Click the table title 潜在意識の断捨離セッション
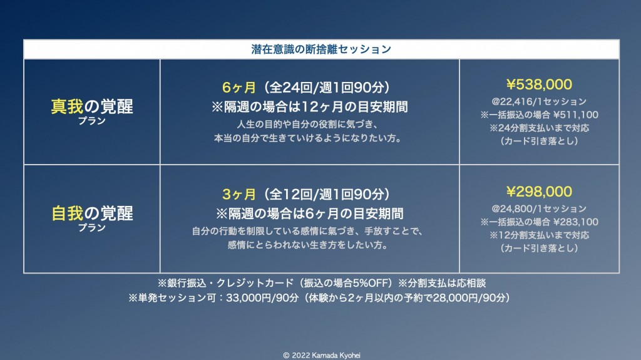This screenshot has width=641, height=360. pyautogui.click(x=321, y=49)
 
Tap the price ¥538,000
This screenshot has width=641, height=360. pyautogui.click(x=539, y=85)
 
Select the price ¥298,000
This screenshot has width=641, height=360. pyautogui.click(x=539, y=192)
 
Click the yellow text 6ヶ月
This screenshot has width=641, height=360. pyautogui.click(x=238, y=88)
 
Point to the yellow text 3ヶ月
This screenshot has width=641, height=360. pyautogui.click(x=238, y=194)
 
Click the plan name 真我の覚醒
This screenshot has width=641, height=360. pyautogui.click(x=92, y=107)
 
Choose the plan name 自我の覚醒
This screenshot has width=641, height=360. pyautogui.click(x=92, y=213)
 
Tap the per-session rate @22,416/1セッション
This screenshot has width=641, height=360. pyautogui.click(x=539, y=101)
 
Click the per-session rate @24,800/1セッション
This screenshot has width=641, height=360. pyautogui.click(x=539, y=208)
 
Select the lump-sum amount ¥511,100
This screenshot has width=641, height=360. pyautogui.click(x=576, y=115)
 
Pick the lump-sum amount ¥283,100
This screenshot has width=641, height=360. pyautogui.click(x=576, y=222)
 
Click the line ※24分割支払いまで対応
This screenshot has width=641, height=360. pyautogui.click(x=539, y=128)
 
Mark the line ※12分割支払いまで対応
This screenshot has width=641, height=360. pyautogui.click(x=539, y=235)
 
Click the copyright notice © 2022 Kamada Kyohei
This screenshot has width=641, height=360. pyautogui.click(x=322, y=356)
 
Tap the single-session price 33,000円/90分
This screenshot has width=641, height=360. pyautogui.click(x=262, y=298)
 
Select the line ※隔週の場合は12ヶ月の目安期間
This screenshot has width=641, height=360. pyautogui.click(x=309, y=107)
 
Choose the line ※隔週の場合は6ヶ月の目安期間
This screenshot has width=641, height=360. pyautogui.click(x=309, y=213)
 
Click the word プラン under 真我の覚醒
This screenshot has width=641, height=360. pyautogui.click(x=92, y=121)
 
